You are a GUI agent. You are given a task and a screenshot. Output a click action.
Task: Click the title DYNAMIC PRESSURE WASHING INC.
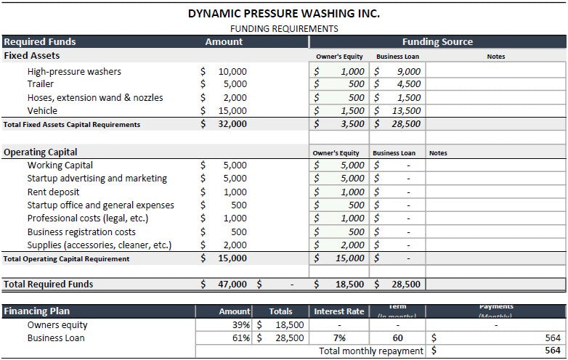tap(284, 13)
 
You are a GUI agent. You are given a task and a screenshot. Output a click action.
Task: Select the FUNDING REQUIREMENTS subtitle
tap(284, 29)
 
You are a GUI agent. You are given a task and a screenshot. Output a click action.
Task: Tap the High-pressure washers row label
tap(74, 72)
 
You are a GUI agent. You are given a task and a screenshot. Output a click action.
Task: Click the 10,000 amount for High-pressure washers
tap(232, 72)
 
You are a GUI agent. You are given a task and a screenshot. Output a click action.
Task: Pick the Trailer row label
tap(40, 84)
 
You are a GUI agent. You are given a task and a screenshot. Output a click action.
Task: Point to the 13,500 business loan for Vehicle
tap(405, 111)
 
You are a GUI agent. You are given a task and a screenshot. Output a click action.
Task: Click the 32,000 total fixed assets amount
tap(232, 124)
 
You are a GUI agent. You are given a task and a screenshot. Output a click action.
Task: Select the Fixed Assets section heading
tap(32, 56)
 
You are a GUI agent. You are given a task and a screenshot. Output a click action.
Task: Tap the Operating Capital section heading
tap(41, 152)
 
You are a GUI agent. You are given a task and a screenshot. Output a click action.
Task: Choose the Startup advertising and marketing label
tap(97, 179)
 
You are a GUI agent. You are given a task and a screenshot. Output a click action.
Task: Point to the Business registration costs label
tap(81, 232)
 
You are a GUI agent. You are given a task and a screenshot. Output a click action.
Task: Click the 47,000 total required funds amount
tap(232, 285)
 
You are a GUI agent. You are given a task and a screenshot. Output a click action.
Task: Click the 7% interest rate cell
tap(338, 338)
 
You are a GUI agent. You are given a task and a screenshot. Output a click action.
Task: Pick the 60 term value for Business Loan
tap(397, 338)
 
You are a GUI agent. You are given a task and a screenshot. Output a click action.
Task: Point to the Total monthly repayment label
tap(370, 351)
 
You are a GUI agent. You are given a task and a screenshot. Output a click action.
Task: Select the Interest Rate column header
tap(338, 311)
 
